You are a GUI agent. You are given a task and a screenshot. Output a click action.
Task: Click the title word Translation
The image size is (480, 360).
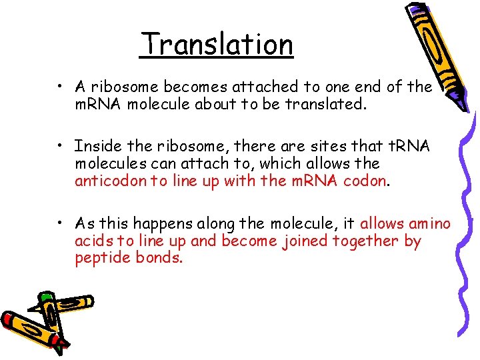[217, 45]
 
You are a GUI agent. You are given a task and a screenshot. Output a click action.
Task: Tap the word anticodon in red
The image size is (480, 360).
[110, 181]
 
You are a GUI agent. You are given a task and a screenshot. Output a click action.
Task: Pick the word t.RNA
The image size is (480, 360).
[409, 145]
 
